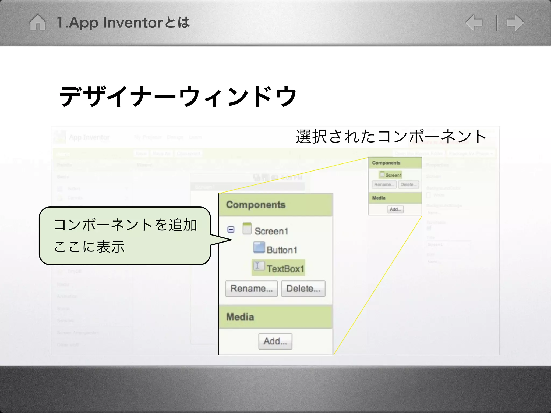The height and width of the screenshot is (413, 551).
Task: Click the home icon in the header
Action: [37, 23]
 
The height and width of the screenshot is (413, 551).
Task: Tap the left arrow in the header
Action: [474, 23]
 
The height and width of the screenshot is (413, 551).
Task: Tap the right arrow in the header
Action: [515, 23]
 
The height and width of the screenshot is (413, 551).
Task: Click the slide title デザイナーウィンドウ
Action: [178, 96]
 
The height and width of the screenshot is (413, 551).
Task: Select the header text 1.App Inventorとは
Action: [123, 23]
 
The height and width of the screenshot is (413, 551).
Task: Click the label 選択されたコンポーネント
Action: [391, 137]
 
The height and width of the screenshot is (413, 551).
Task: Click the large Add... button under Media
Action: [275, 341]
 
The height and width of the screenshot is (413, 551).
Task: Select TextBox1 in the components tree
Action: [285, 268]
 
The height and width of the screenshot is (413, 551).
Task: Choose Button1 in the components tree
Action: [282, 250]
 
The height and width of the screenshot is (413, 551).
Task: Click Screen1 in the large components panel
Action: [271, 231]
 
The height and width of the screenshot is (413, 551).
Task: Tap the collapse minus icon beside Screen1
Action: [231, 230]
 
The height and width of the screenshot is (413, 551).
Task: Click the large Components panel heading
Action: [256, 205]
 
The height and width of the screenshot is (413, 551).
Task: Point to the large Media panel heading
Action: [240, 317]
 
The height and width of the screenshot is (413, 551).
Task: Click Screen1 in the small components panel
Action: [393, 175]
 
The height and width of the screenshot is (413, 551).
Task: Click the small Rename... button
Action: [384, 184]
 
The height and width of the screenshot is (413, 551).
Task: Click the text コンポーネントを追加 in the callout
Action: [125, 225]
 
